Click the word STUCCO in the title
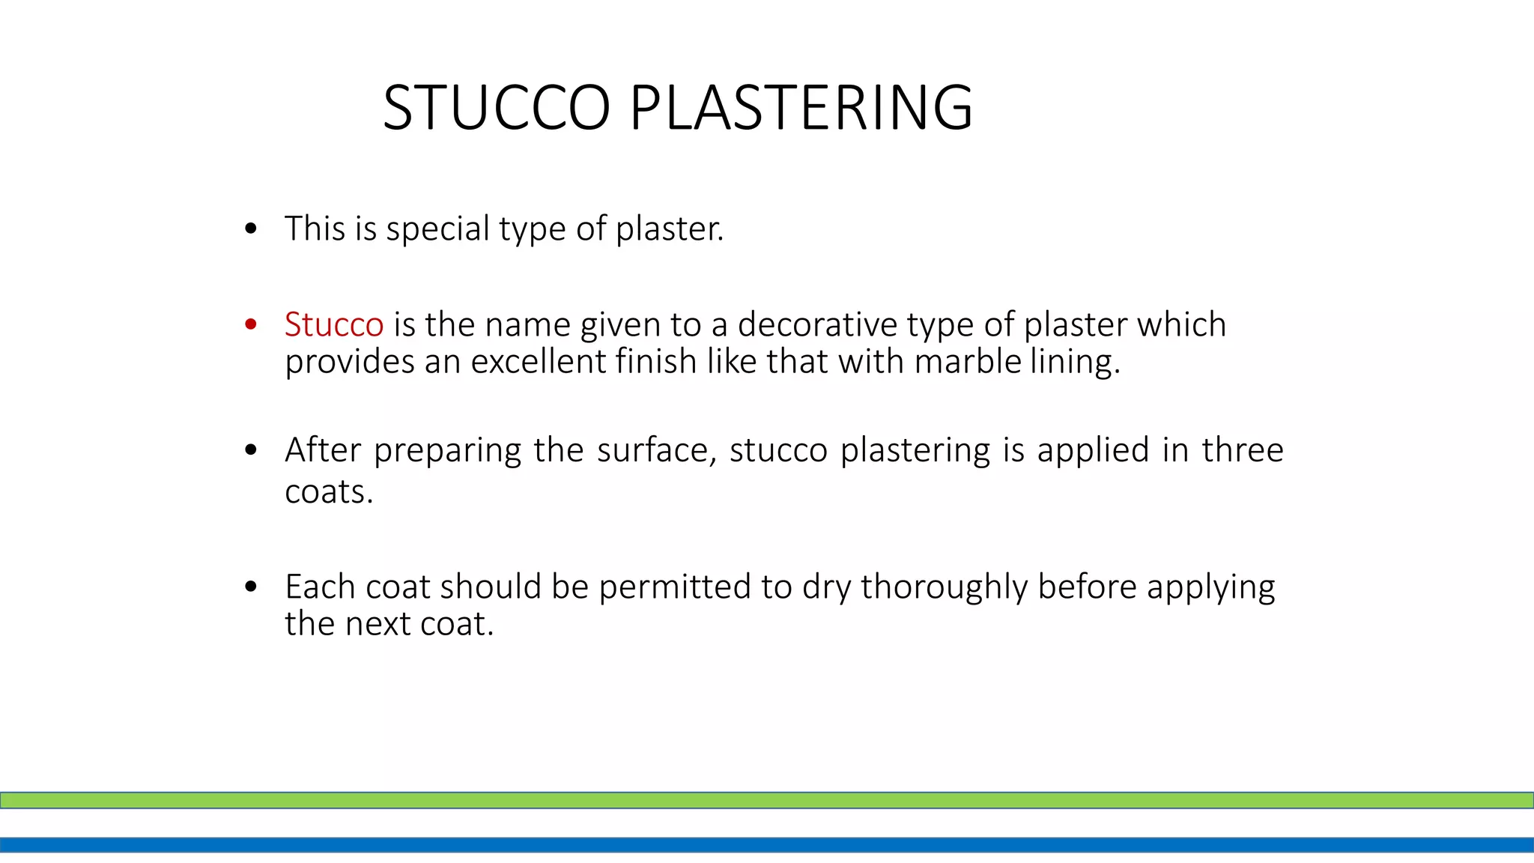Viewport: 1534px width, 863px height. pos(497,108)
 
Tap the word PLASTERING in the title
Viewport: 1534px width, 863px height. pos(801,108)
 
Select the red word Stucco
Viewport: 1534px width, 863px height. pos(334,325)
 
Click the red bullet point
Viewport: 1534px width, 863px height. pos(251,324)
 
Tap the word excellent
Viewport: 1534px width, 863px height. pos(539,362)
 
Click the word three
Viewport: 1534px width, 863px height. pos(1243,450)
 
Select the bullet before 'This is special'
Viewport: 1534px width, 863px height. pos(251,228)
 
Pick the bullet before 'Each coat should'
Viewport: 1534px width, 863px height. pos(251,587)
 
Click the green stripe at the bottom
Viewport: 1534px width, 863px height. pos(767,800)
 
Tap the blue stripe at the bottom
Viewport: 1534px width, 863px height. pos(767,845)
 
